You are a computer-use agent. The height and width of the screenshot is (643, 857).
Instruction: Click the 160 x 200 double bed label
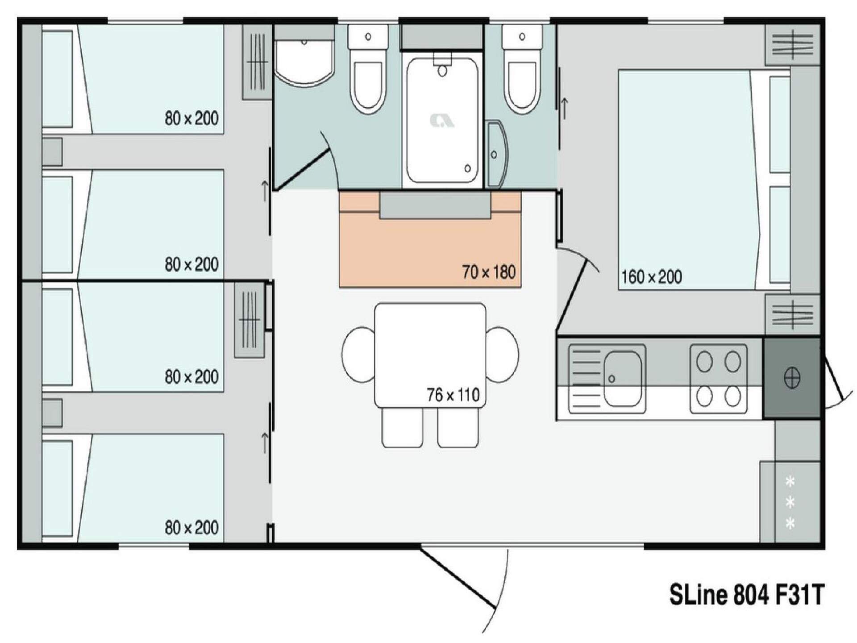[651, 277]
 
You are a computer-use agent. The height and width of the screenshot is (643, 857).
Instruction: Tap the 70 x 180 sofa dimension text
[489, 272]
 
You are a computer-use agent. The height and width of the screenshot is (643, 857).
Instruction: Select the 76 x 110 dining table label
[453, 395]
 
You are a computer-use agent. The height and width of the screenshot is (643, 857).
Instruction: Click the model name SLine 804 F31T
[746, 595]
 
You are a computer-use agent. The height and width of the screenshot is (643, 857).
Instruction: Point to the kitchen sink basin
[623, 379]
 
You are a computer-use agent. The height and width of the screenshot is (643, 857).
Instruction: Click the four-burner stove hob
[719, 379]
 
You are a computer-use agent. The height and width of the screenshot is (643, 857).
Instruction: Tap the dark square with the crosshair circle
[791, 378]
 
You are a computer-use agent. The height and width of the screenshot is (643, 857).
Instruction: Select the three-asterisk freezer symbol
[790, 502]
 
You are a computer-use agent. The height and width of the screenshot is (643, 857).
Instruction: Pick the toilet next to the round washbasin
[368, 69]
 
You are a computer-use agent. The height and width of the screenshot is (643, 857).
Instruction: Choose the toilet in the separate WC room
[522, 69]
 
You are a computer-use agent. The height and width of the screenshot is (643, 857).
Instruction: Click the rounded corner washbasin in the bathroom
[304, 63]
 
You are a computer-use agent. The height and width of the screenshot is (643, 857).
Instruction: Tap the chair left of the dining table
[358, 355]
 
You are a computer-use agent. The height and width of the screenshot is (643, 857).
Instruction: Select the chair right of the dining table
[503, 355]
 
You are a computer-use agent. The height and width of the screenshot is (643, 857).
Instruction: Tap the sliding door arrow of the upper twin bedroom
[265, 191]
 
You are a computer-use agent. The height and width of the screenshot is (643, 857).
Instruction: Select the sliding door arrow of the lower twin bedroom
[265, 443]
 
